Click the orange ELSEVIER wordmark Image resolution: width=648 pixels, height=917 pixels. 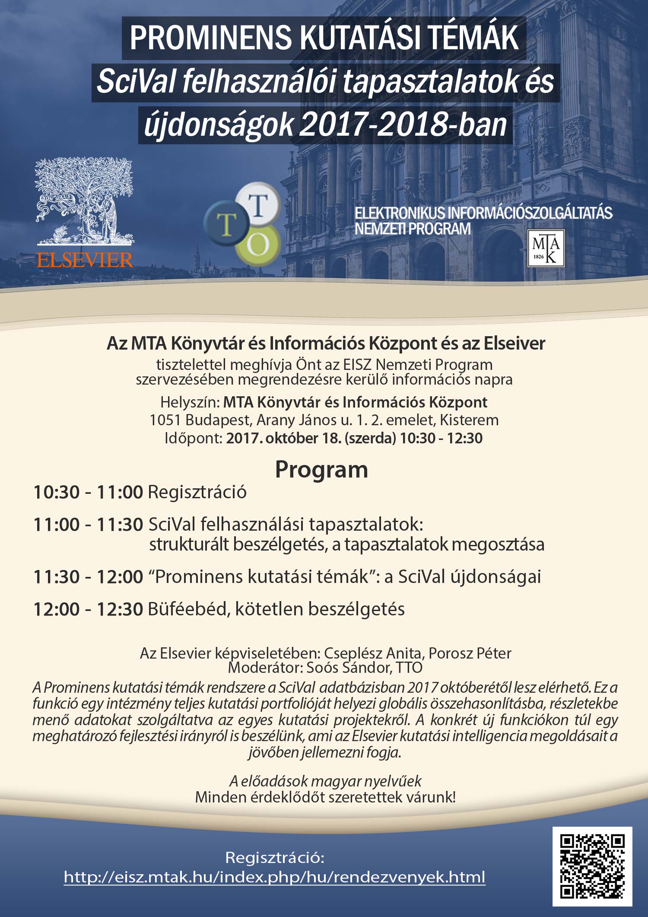85,260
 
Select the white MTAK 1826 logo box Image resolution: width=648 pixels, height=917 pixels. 546,248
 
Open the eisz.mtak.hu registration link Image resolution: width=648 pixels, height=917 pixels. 275,877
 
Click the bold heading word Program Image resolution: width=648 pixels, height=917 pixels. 321,470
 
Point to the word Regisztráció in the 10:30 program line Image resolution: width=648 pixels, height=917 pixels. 197,492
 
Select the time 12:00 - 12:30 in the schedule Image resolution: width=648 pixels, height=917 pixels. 88,609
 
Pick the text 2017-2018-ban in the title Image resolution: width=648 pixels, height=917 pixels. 403,124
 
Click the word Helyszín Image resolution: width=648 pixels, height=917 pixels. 190,403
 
